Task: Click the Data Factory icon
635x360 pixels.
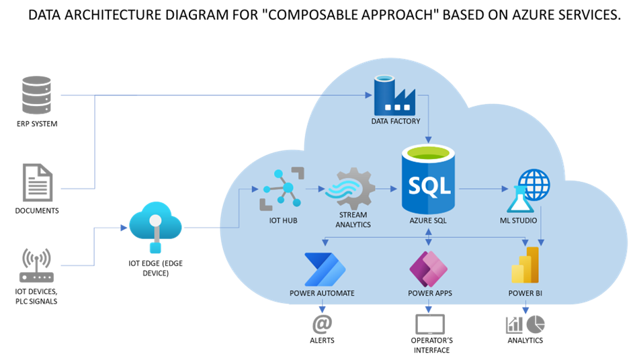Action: [x=396, y=95]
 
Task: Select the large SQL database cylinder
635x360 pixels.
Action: [x=429, y=180]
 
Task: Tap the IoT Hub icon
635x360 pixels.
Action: [x=278, y=189]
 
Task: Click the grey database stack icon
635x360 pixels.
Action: [x=36, y=95]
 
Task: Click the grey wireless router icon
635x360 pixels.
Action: [x=37, y=266]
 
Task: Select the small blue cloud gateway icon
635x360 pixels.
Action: [x=155, y=228]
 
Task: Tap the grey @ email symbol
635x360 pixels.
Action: [x=322, y=324]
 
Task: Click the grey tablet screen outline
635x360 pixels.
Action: [x=429, y=325]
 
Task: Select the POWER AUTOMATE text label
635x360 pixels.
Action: [x=322, y=294]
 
